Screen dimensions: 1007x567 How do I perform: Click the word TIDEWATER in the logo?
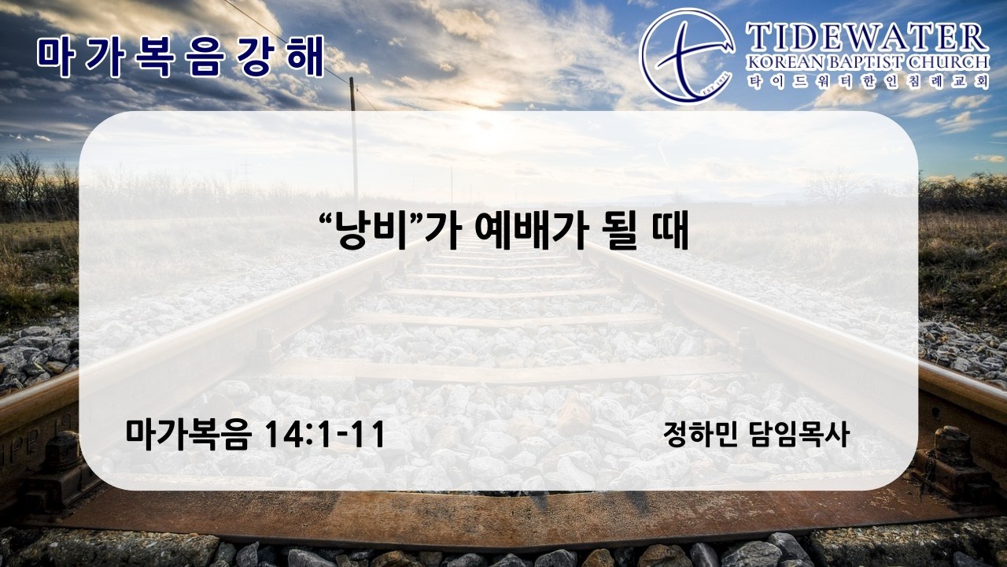[867, 39]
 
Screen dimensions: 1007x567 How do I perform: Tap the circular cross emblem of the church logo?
[688, 56]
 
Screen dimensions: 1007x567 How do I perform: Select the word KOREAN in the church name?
[785, 62]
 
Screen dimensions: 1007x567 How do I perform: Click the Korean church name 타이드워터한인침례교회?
[868, 82]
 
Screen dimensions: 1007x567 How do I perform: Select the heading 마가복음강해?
[180, 57]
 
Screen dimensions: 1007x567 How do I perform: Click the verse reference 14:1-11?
[325, 434]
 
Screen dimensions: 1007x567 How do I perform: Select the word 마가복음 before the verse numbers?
[187, 435]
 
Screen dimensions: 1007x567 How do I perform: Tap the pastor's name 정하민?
[700, 434]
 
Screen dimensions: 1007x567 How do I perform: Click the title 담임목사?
[799, 434]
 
